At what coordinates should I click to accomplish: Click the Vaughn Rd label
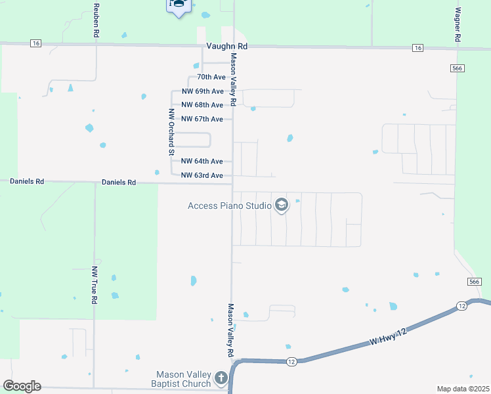tap(226, 47)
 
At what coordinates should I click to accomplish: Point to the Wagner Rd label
tap(457, 26)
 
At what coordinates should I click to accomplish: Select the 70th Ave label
tap(211, 77)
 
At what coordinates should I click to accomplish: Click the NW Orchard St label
tap(171, 132)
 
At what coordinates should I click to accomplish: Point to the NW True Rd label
tap(95, 284)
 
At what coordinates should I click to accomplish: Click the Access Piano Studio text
tap(230, 206)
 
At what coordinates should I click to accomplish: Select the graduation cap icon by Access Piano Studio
tap(282, 206)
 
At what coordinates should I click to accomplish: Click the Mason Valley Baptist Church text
tap(183, 379)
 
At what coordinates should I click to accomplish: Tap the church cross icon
tap(221, 378)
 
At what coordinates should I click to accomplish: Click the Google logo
tap(22, 386)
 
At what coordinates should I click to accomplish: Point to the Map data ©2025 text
tap(463, 389)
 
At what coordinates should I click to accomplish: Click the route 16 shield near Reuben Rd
tap(35, 43)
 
